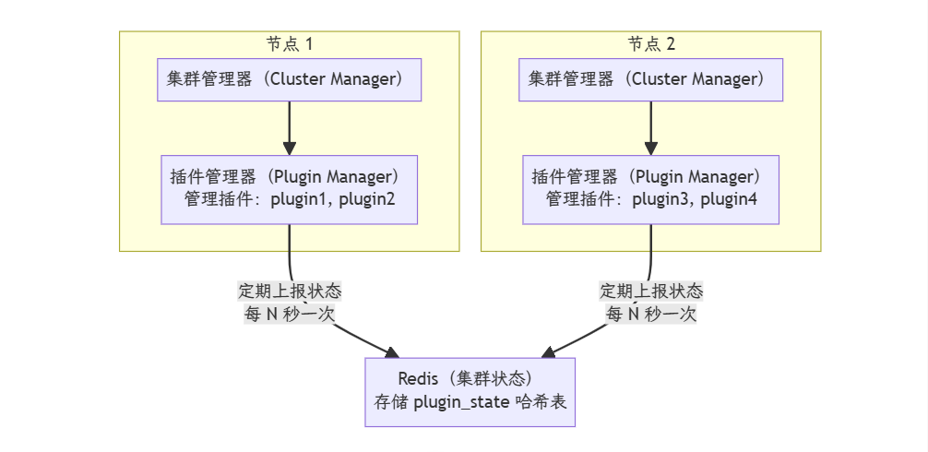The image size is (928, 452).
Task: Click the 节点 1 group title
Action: pyautogui.click(x=290, y=43)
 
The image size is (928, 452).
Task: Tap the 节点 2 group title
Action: pyautogui.click(x=651, y=43)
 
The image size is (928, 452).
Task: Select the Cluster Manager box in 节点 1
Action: pyautogui.click(x=290, y=79)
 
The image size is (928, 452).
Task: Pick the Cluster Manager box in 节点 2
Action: pyautogui.click(x=651, y=79)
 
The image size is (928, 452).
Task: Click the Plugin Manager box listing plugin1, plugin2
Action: pyautogui.click(x=290, y=189)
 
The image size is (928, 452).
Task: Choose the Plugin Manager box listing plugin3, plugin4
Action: pyautogui.click(x=651, y=189)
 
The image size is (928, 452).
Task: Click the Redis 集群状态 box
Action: pyautogui.click(x=470, y=391)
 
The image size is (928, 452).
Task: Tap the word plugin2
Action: pyautogui.click(x=367, y=199)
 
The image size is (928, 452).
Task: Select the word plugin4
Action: pyautogui.click(x=729, y=199)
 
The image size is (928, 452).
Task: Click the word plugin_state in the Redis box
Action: pyautogui.click(x=456, y=402)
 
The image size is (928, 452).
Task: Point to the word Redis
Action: pyautogui.click(x=416, y=379)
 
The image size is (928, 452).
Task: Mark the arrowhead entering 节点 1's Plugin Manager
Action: pyautogui.click(x=290, y=148)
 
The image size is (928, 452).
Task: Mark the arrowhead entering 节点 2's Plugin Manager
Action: pyautogui.click(x=651, y=148)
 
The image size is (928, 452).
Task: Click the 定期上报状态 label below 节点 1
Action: pyautogui.click(x=290, y=291)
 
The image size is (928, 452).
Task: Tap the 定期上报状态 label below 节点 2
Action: pyautogui.click(x=651, y=291)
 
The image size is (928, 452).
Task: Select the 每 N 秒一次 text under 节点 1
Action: pyautogui.click(x=290, y=314)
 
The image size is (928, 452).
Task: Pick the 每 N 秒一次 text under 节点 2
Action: pyautogui.click(x=651, y=314)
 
